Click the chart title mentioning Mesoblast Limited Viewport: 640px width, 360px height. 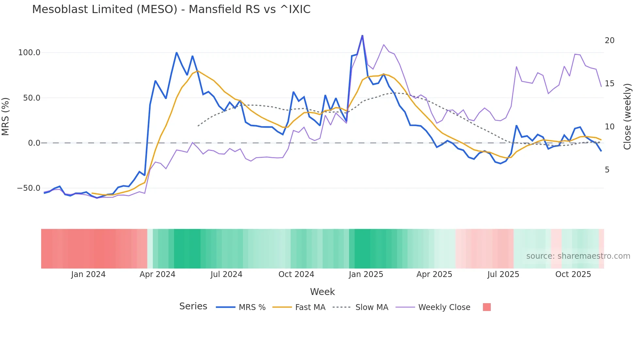coord(171,9)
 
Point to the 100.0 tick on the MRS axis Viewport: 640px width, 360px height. coord(29,53)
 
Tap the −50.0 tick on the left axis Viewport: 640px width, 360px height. coord(28,188)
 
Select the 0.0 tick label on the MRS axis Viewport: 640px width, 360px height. coord(34,143)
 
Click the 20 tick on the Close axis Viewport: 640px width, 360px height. coord(609,41)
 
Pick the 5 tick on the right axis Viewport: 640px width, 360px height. coord(607,170)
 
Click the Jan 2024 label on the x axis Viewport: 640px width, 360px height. coord(88,274)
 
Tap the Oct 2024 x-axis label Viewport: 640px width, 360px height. coord(296,274)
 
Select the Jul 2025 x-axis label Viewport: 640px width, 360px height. coord(503,274)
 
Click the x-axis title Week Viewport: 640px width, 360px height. coord(322,292)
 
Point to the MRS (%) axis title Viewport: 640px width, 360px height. coord(6,117)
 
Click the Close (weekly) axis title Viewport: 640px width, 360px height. coord(627,117)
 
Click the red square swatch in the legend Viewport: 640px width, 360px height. coord(487,307)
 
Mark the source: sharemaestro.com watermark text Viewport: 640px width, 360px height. coord(578,256)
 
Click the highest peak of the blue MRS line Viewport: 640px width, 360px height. coord(362,36)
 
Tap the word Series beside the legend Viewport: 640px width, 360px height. coord(193,306)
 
